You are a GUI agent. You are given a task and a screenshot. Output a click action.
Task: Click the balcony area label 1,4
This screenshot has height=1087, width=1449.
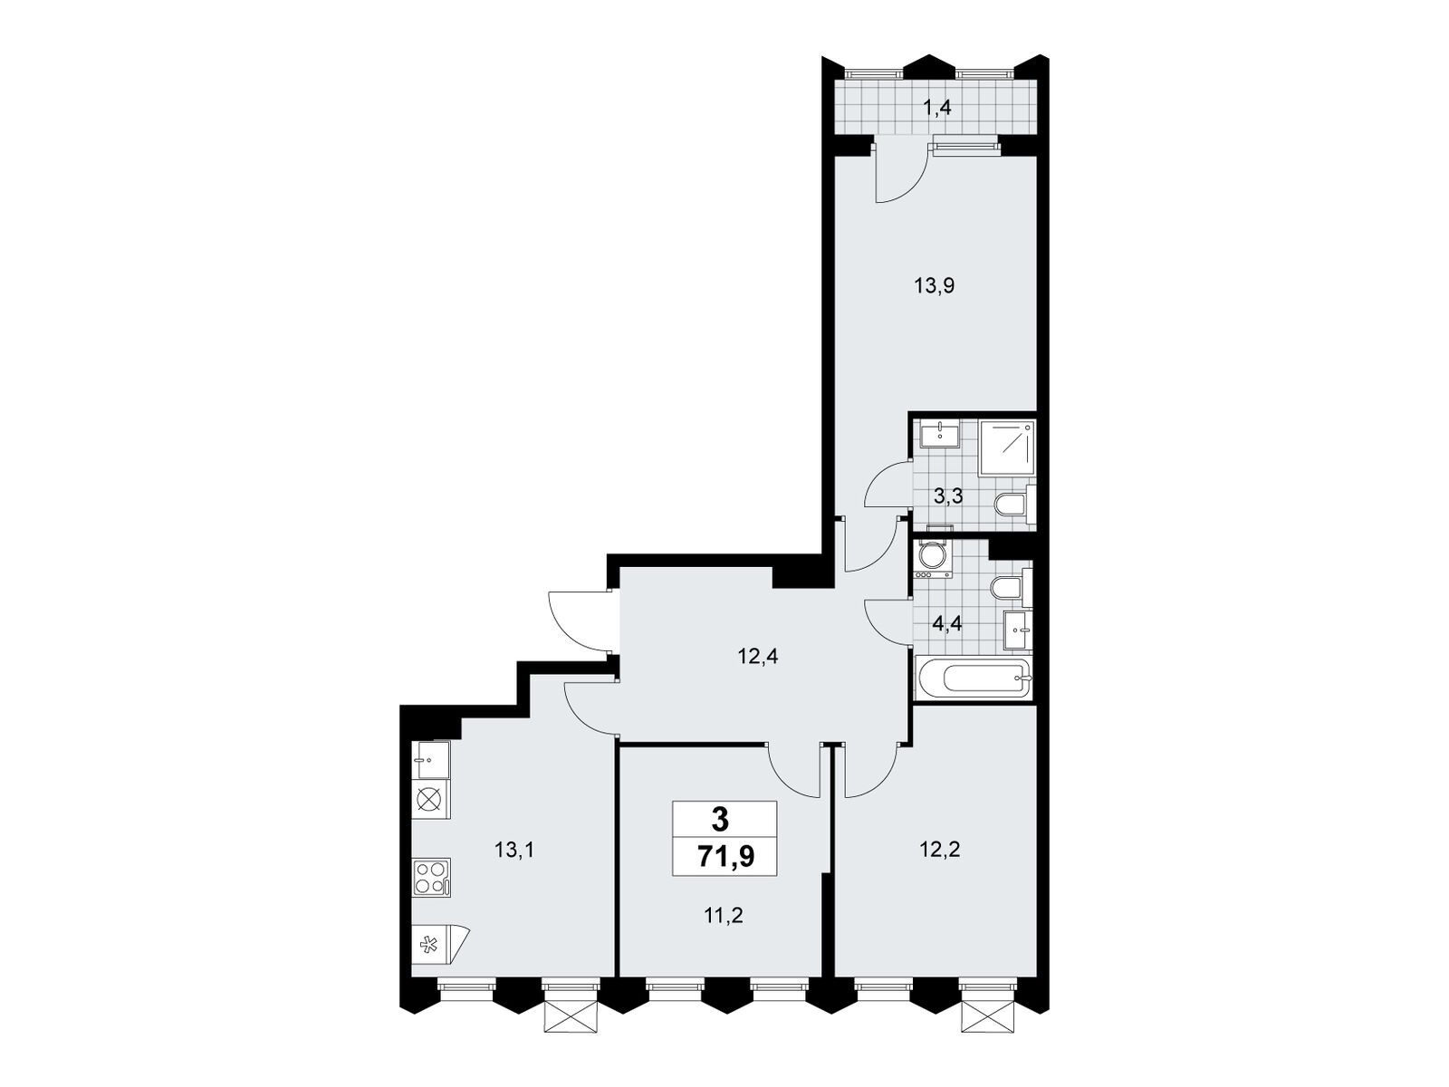(936, 108)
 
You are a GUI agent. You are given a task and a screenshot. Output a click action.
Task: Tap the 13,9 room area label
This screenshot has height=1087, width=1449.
(935, 285)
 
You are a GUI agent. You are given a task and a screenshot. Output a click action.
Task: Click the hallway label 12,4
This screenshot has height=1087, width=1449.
(757, 657)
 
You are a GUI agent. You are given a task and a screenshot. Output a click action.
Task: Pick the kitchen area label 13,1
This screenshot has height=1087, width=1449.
(513, 850)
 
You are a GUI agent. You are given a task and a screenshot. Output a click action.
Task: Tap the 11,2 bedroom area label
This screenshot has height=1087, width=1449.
(722, 915)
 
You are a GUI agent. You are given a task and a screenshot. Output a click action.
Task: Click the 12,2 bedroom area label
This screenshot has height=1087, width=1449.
(939, 850)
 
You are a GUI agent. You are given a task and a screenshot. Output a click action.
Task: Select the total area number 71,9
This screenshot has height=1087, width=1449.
(725, 857)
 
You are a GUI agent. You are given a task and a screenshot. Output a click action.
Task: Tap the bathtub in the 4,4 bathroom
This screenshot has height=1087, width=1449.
(973, 678)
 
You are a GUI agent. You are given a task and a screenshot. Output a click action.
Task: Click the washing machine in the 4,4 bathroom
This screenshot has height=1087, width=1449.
(932, 561)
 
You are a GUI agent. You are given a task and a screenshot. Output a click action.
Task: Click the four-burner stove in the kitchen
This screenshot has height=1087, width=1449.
(432, 877)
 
